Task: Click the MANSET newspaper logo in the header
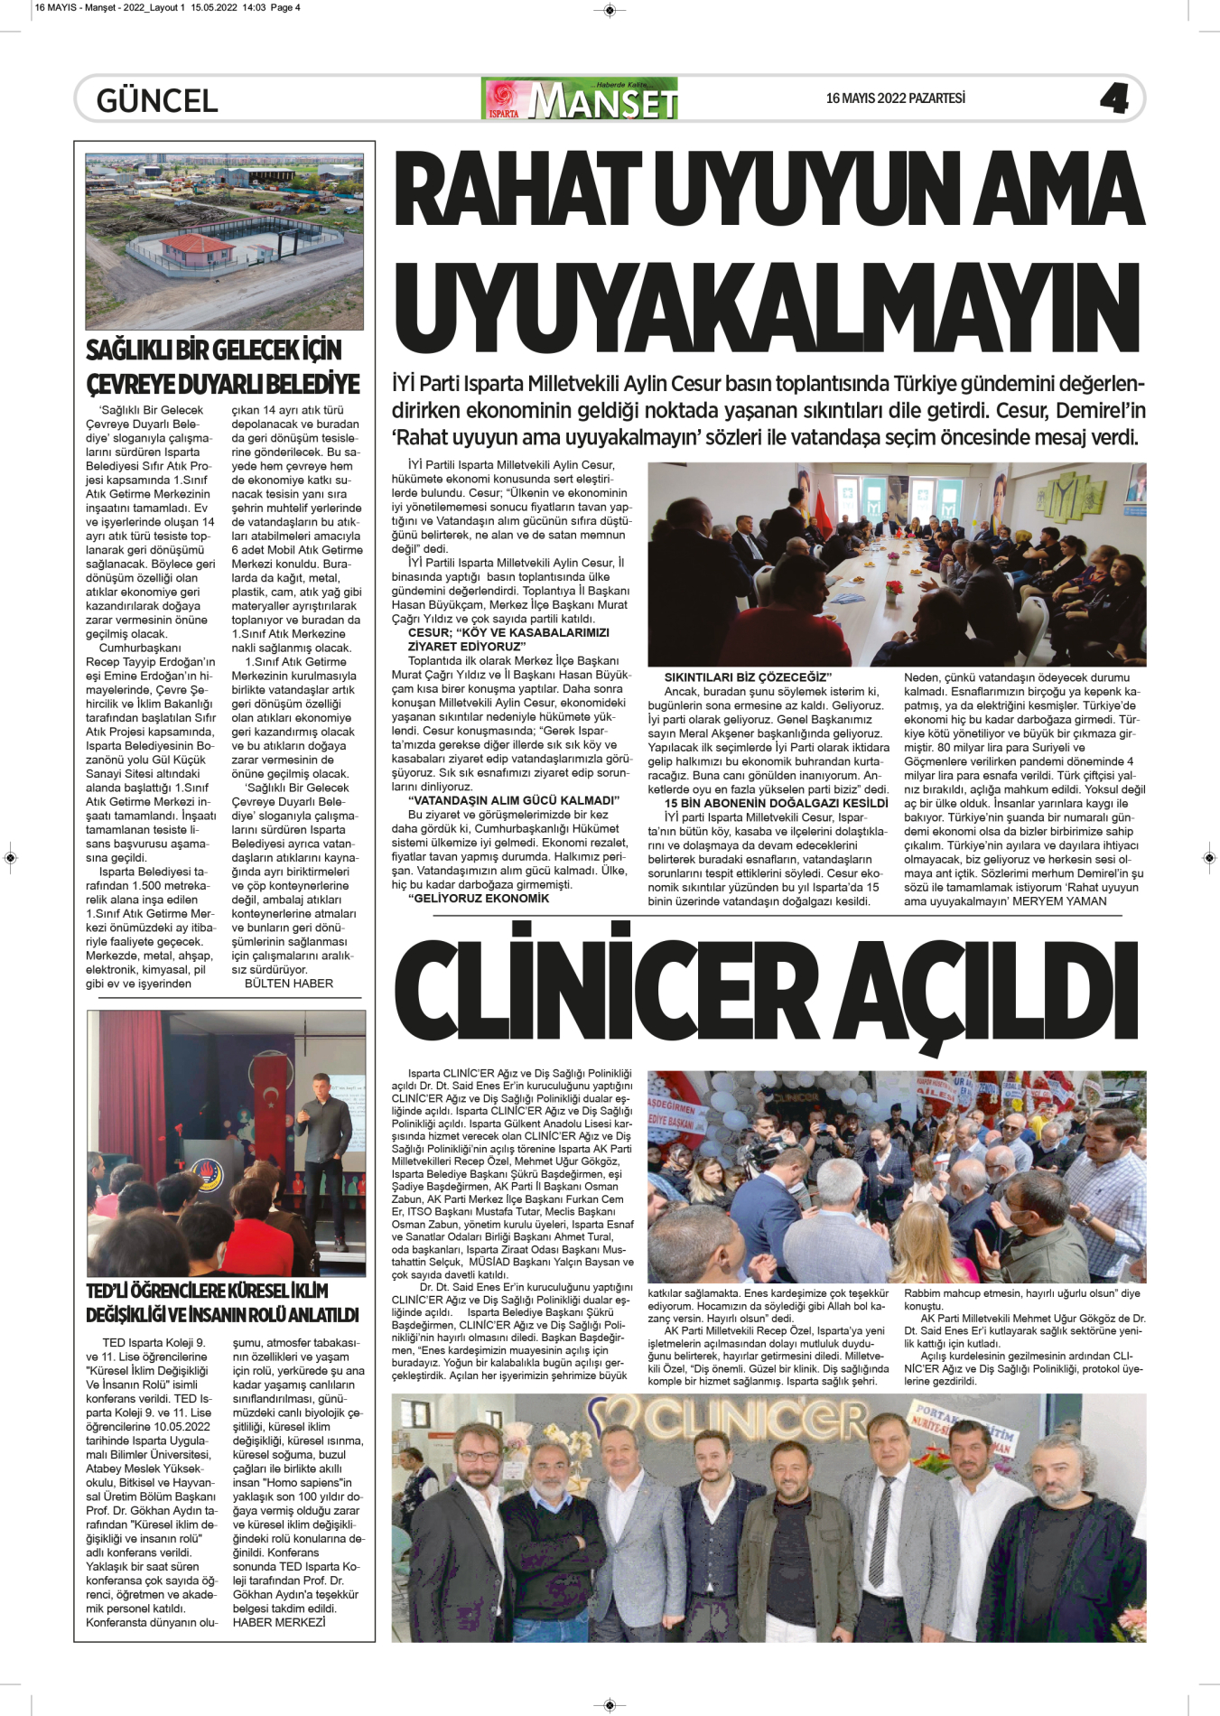[x=581, y=99]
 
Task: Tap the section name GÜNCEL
[x=157, y=100]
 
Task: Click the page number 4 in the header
[x=1114, y=98]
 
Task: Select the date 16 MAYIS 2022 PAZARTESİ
[x=895, y=98]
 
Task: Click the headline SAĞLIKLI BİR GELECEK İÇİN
[x=214, y=350]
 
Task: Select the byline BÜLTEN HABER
[x=289, y=984]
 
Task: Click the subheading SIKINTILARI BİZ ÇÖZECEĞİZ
[x=748, y=677]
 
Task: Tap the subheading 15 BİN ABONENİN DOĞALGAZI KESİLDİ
[x=776, y=803]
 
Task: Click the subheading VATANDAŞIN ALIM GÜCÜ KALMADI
[x=514, y=800]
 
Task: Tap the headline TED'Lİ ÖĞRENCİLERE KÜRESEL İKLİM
[x=208, y=1292]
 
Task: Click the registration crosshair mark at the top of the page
[x=610, y=11]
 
